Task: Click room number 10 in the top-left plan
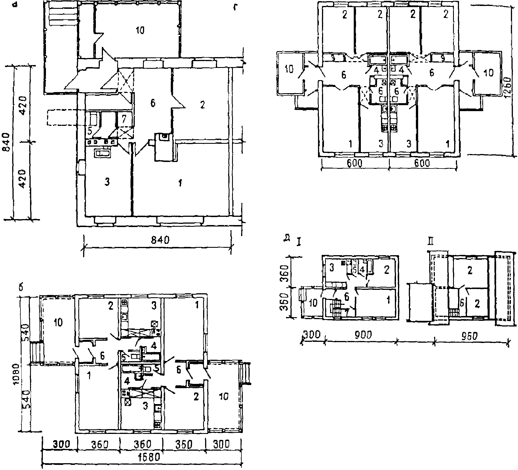[x=140, y=30]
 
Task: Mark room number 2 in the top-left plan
[x=202, y=105]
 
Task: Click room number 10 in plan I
[x=313, y=303]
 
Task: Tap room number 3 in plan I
[x=332, y=267]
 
